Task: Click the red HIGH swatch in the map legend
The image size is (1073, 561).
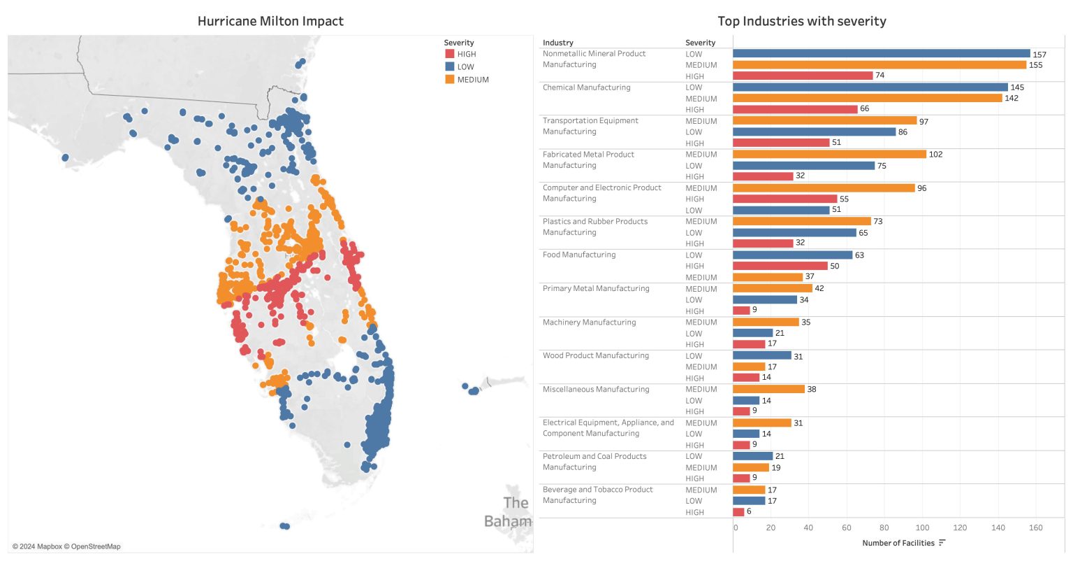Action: coord(449,54)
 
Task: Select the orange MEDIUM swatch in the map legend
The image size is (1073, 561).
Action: coord(449,80)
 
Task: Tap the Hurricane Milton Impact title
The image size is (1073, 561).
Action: coord(270,21)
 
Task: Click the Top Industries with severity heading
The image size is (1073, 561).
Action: coord(801,21)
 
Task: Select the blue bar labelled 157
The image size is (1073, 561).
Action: coord(881,54)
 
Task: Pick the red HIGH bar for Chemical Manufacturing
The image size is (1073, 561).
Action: coord(795,109)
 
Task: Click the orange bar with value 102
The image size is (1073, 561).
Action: coord(829,154)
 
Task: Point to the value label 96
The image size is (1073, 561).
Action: coord(921,188)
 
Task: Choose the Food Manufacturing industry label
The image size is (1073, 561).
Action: coord(579,255)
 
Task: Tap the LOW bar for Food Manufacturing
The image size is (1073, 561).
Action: coord(792,255)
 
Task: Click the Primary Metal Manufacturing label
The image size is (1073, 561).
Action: coord(596,288)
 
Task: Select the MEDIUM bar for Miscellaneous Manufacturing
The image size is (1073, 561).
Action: coord(768,389)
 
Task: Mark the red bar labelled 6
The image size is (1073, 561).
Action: coord(738,512)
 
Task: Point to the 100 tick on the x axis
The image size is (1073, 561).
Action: coord(922,527)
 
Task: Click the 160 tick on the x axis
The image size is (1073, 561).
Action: coord(1036,527)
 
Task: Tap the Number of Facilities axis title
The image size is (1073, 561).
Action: coord(898,543)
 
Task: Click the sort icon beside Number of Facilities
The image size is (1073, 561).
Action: coord(942,543)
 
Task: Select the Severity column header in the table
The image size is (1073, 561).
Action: coord(700,43)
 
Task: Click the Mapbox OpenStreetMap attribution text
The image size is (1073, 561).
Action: coord(66,546)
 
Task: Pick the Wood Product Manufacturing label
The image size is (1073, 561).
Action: coord(596,355)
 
